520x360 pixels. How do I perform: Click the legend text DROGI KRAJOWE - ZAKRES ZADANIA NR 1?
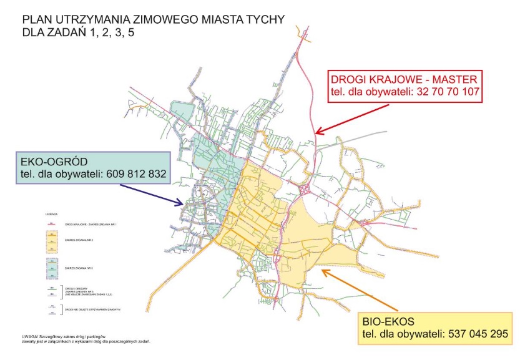point(87,224)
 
